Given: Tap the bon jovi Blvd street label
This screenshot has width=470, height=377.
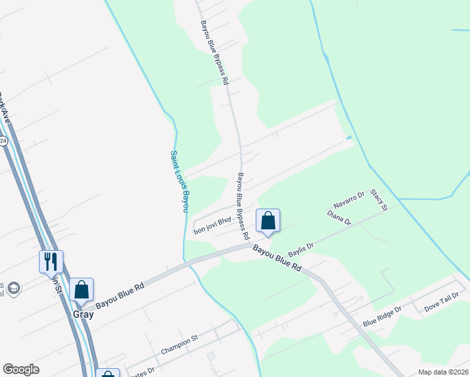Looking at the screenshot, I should click(x=212, y=226).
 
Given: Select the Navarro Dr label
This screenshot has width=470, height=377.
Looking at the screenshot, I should click(x=349, y=200).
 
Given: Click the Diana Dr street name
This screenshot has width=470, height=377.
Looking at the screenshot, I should click(x=339, y=217).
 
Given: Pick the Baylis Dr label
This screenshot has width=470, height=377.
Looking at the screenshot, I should click(x=300, y=250).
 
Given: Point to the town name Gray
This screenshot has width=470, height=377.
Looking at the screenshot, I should click(x=82, y=314).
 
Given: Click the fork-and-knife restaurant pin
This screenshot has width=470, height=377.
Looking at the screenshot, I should click(x=51, y=261).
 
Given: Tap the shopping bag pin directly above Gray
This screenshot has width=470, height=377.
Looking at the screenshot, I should click(x=81, y=290).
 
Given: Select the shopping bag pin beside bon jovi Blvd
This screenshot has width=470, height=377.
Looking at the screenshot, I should click(x=268, y=221).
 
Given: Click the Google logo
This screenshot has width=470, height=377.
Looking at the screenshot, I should click(x=21, y=369).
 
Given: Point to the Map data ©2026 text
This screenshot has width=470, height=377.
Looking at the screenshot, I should click(x=442, y=372).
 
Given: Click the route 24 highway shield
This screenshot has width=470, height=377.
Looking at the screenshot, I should click(x=3, y=141).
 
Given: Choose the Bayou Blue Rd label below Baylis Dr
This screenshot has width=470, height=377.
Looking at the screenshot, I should click(x=278, y=258).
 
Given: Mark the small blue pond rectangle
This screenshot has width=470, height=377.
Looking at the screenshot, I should click(x=349, y=138).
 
